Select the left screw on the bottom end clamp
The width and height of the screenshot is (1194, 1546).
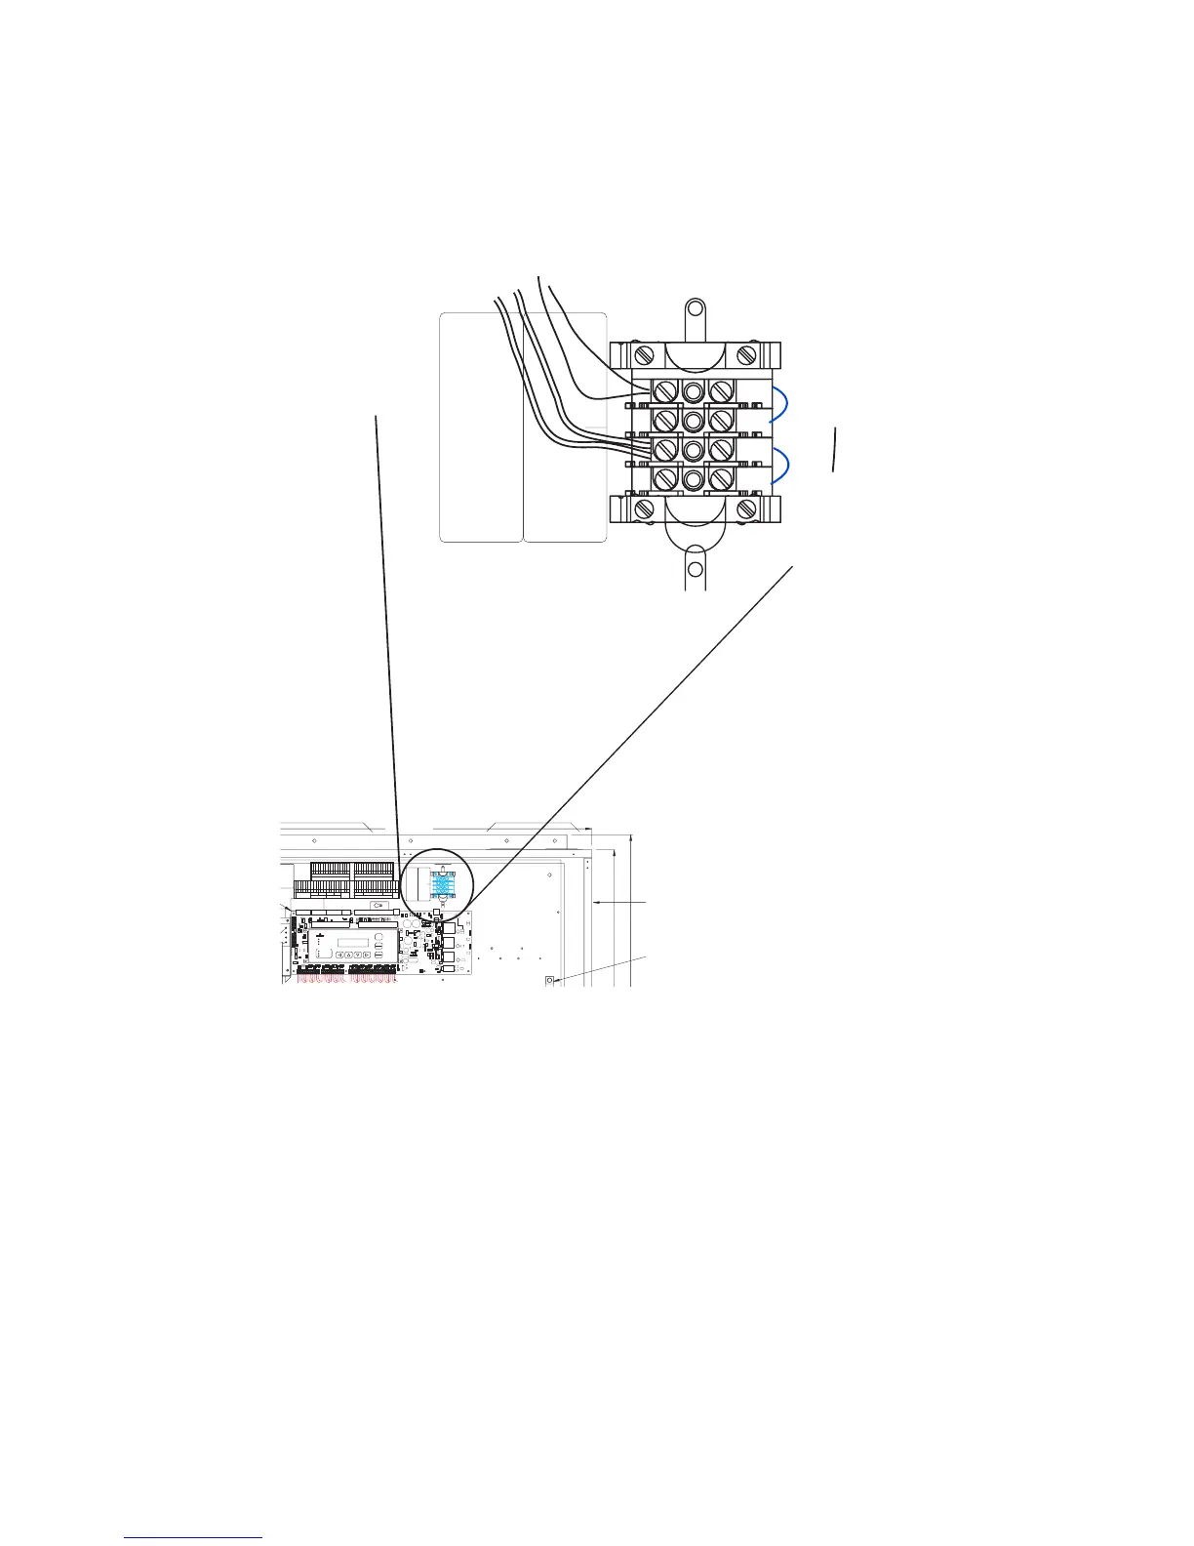643,509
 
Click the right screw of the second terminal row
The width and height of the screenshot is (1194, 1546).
722,421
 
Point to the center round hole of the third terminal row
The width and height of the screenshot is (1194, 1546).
693,450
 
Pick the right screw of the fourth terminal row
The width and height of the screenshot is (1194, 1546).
722,479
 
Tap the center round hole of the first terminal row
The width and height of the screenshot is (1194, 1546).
693,392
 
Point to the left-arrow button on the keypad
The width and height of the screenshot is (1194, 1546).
338,954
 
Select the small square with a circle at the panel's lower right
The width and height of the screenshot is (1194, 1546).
550,980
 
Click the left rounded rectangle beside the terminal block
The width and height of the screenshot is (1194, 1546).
480,427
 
